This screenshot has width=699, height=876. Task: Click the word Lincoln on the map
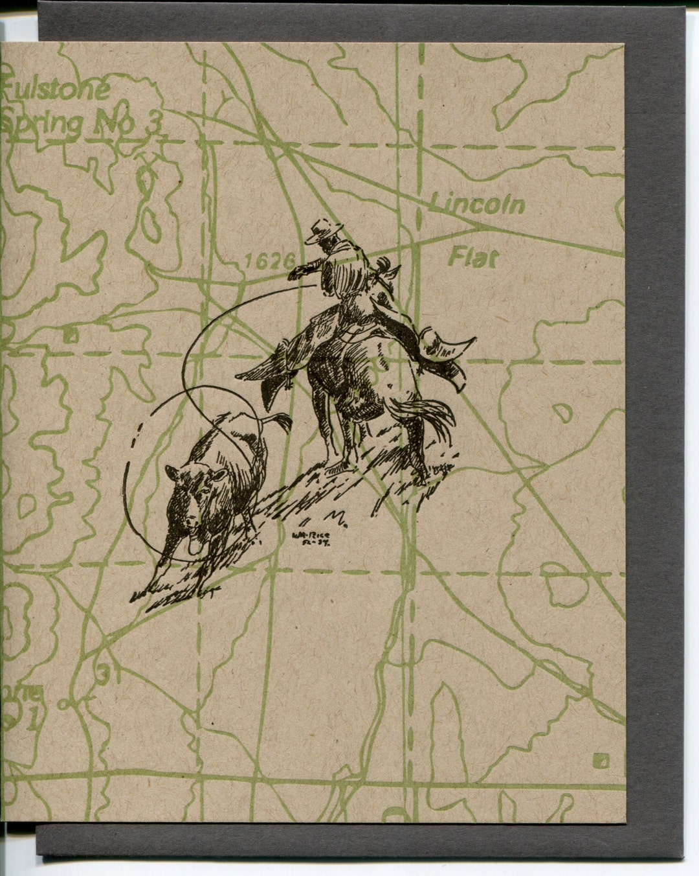[478, 205]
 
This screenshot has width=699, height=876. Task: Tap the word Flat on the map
[474, 258]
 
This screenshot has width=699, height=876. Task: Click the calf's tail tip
[283, 419]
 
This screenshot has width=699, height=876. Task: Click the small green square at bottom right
[603, 759]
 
